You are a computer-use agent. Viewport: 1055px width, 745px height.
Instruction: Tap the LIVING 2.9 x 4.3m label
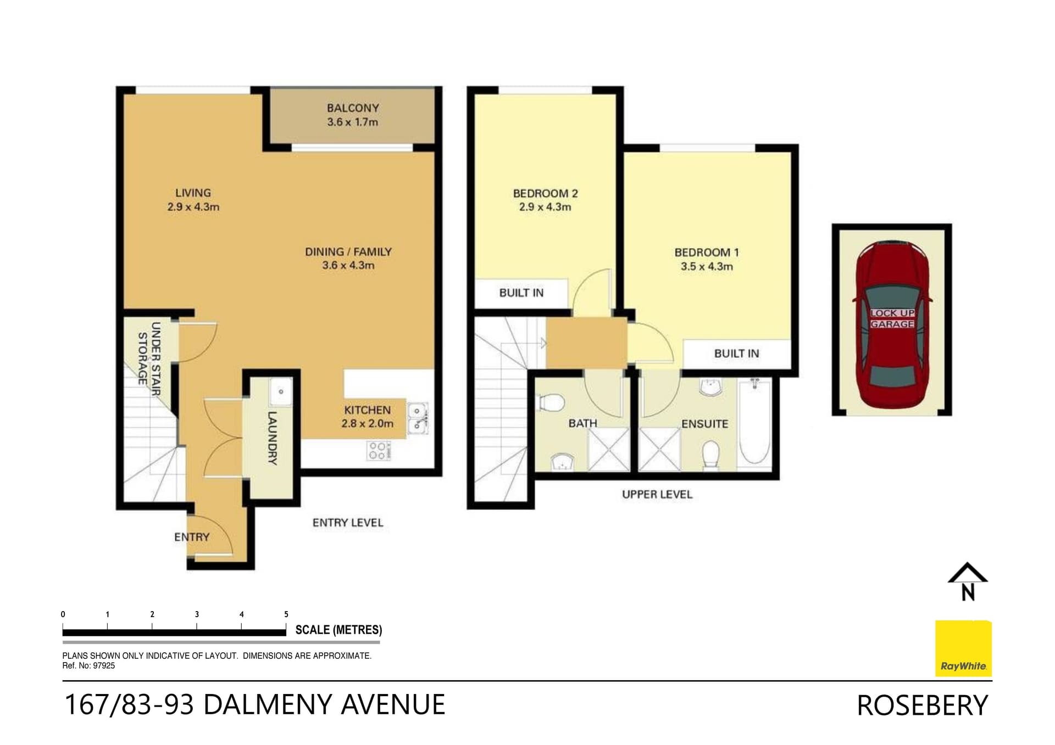pyautogui.click(x=193, y=200)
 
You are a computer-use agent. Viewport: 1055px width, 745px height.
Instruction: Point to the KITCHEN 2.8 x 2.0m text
pyautogui.click(x=367, y=417)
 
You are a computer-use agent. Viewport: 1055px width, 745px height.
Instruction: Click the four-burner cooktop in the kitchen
pyautogui.click(x=378, y=450)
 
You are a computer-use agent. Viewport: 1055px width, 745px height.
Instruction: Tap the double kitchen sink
pyautogui.click(x=418, y=417)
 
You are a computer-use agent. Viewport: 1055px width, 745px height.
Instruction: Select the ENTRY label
pyautogui.click(x=192, y=537)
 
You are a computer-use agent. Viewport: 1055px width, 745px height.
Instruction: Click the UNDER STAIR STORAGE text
pyautogui.click(x=149, y=358)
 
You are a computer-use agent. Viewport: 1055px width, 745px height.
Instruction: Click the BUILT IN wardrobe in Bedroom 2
pyautogui.click(x=521, y=293)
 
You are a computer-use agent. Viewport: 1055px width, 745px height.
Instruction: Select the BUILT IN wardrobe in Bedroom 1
pyautogui.click(x=736, y=354)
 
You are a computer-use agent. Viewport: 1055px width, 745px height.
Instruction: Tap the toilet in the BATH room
pyautogui.click(x=551, y=402)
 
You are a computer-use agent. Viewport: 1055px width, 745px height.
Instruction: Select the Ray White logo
pyautogui.click(x=964, y=648)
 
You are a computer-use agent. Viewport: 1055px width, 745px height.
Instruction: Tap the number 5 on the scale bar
pyautogui.click(x=286, y=614)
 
